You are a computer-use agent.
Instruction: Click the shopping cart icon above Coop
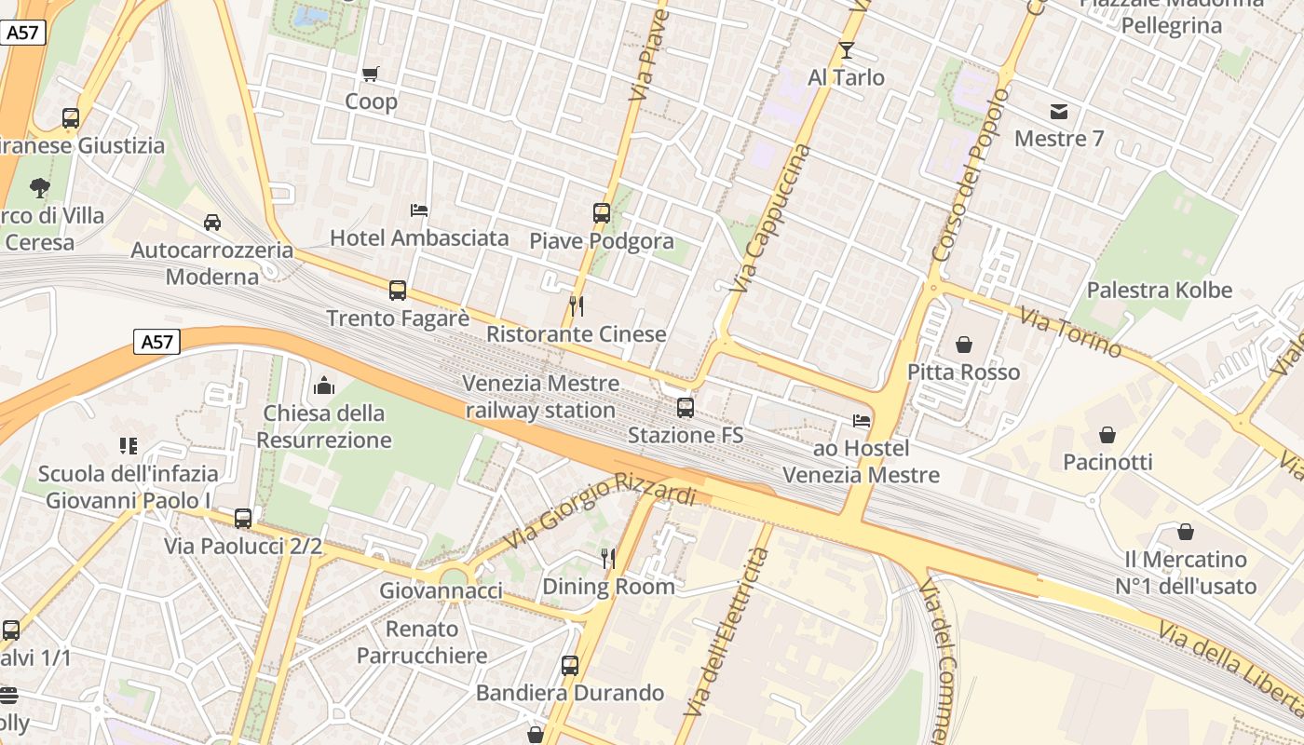[371, 74]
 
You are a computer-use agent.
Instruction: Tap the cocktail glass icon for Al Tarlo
[847, 50]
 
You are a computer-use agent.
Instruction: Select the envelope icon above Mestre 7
[1059, 112]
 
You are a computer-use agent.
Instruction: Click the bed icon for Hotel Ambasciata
[419, 210]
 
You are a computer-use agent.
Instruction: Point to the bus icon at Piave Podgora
[602, 213]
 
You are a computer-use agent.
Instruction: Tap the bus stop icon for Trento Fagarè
[398, 291]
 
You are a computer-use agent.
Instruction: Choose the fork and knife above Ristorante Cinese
[577, 306]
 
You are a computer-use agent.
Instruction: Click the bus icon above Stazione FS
[686, 408]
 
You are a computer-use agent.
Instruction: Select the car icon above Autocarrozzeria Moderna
[212, 223]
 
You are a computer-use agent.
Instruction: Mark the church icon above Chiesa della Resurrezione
[325, 385]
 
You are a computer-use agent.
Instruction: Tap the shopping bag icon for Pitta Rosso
[964, 345]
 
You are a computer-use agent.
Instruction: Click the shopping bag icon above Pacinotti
[1107, 435]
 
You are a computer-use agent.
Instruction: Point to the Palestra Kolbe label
[1159, 291]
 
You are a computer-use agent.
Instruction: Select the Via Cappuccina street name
[771, 218]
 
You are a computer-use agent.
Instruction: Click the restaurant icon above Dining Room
[608, 559]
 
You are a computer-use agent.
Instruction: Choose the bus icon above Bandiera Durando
[570, 666]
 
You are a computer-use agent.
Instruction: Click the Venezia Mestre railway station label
[541, 397]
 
